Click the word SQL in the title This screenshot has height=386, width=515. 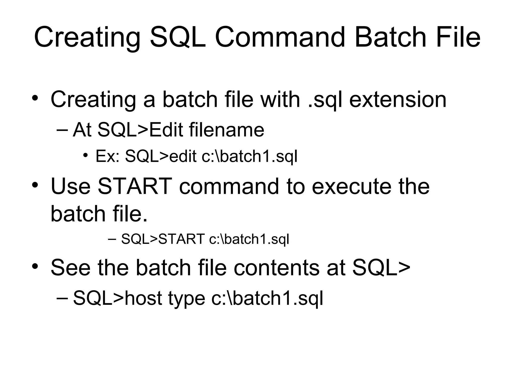(178, 38)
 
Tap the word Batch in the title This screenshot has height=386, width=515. (390, 38)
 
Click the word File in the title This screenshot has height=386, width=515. (458, 38)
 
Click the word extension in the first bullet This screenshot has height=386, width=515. (398, 100)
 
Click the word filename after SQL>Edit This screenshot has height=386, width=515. (226, 130)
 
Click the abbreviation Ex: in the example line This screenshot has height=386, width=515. (108, 157)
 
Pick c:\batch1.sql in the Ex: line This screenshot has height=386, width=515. (249, 157)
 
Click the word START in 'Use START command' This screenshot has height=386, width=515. (135, 186)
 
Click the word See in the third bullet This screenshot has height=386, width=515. (70, 268)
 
